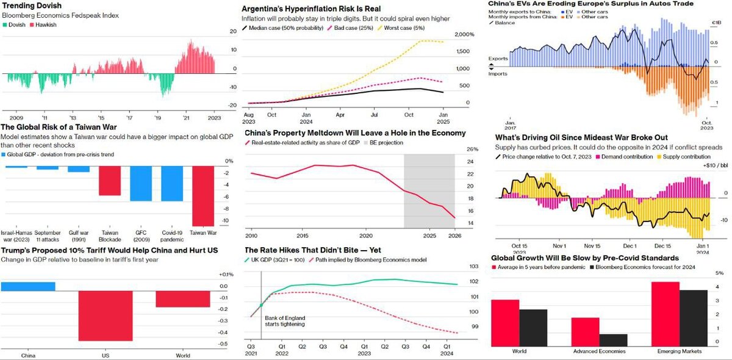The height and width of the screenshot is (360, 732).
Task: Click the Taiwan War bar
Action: tap(203, 196)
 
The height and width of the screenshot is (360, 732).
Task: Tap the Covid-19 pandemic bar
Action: tap(172, 184)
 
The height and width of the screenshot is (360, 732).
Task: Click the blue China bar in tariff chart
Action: tap(28, 286)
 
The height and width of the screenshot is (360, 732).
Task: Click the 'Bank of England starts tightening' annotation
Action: tap(285, 321)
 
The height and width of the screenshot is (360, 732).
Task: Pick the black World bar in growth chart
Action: tap(533, 328)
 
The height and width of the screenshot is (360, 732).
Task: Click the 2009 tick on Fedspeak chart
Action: tap(16, 117)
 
